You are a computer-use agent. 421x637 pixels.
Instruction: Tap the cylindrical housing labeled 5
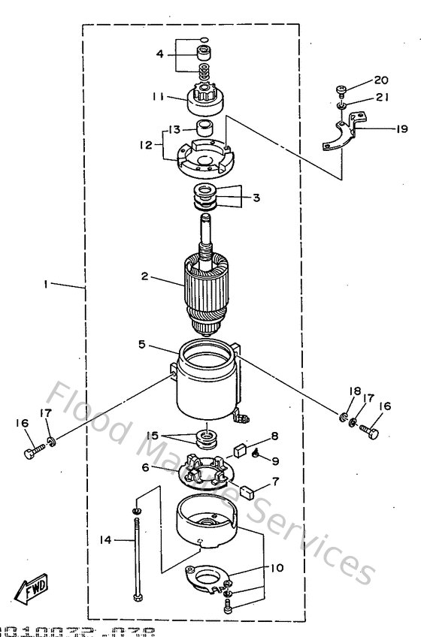pyautogui.click(x=207, y=383)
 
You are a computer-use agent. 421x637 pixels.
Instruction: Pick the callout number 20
pyautogui.click(x=381, y=80)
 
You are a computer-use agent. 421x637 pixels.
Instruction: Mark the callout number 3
pyautogui.click(x=256, y=198)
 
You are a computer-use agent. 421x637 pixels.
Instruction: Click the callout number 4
pyautogui.click(x=160, y=53)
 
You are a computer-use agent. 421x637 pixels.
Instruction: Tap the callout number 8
pyautogui.click(x=275, y=435)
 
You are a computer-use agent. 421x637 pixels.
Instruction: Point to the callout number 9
pyautogui.click(x=275, y=460)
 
